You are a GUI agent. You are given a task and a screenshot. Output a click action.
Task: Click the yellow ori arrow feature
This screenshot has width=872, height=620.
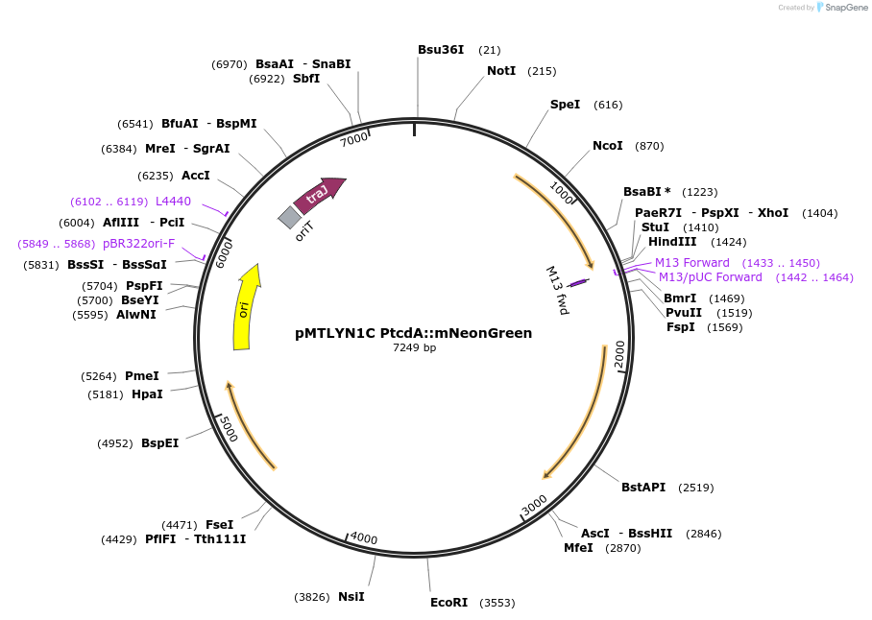point(246,309)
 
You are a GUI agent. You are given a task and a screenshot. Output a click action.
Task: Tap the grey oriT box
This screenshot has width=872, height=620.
point(289,218)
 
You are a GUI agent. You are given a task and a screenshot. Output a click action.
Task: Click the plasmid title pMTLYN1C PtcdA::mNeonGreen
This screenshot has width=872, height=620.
point(413,333)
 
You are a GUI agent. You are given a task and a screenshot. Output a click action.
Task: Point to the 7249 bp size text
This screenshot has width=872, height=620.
point(414,347)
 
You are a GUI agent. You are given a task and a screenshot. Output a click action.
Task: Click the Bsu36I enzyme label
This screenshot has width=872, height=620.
point(441,50)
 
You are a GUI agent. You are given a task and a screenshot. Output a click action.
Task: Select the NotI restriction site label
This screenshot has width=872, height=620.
point(501,71)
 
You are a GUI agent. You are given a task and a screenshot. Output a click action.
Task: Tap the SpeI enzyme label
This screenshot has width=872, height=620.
point(565,105)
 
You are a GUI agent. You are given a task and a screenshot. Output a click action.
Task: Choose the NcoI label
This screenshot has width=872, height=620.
point(607,146)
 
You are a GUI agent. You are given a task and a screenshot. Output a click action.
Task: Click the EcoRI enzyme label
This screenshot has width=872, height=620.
point(448,603)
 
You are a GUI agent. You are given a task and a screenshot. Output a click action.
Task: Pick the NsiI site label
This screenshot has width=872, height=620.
point(351,597)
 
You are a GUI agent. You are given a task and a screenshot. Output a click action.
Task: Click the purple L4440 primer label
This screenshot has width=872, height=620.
point(173,202)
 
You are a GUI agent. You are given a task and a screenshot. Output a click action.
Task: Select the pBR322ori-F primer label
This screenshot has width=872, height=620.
point(138,244)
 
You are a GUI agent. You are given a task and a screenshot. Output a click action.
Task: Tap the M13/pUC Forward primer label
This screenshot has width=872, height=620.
point(711,277)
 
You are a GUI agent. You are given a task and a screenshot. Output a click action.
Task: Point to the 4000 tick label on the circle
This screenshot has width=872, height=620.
point(364,538)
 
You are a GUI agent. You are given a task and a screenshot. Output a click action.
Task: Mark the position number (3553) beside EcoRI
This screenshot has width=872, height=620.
point(497,603)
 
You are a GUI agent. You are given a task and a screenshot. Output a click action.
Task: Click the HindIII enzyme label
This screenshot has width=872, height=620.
point(671,242)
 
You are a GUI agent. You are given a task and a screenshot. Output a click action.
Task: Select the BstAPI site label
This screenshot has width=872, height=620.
point(643,488)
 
